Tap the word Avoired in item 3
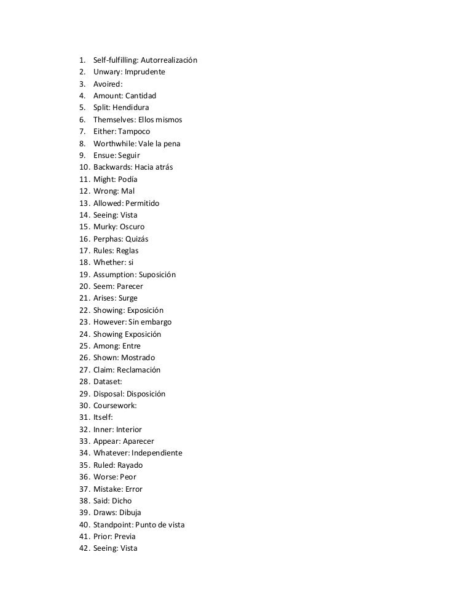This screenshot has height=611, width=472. pyautogui.click(x=107, y=84)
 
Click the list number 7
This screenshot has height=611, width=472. pyautogui.click(x=82, y=132)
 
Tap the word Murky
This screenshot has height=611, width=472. pyautogui.click(x=104, y=227)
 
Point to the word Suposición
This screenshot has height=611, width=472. pyautogui.click(x=157, y=274)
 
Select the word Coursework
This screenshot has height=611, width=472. pyautogui.click(x=114, y=406)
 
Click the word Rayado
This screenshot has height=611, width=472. pyautogui.click(x=130, y=465)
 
